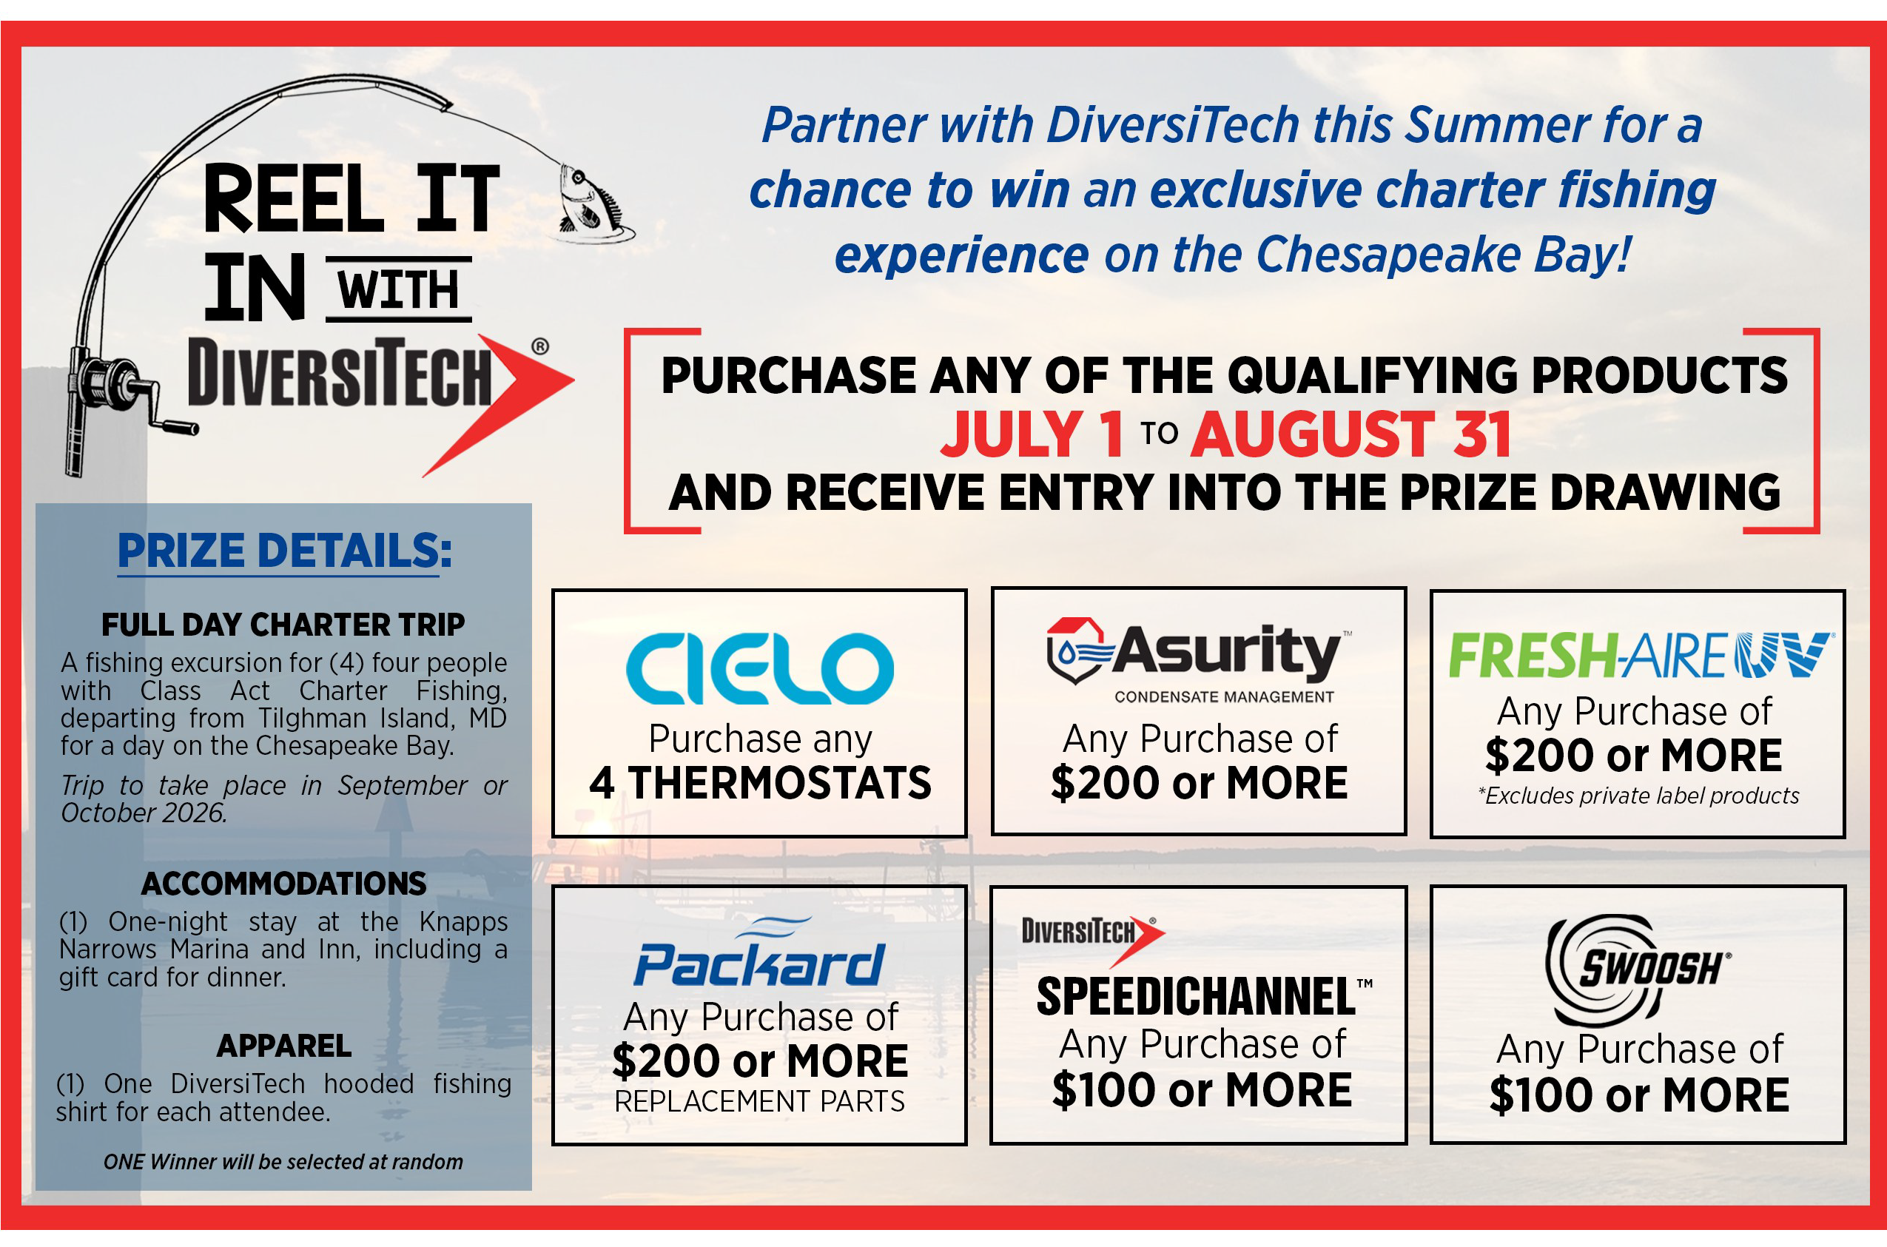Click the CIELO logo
tap(759, 668)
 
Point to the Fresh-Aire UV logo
tap(1641, 655)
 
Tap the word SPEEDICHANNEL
tap(1196, 996)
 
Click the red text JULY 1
tap(1032, 434)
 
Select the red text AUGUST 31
tap(1350, 434)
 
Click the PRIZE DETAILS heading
tap(284, 551)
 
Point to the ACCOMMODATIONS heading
tap(284, 884)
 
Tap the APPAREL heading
tap(284, 1046)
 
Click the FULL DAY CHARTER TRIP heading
tap(283, 625)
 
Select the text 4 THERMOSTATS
tap(759, 782)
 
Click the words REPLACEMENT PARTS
tap(759, 1101)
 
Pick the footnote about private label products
tap(1638, 796)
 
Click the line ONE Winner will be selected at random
tap(283, 1162)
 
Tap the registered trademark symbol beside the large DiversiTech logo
tap(540, 346)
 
